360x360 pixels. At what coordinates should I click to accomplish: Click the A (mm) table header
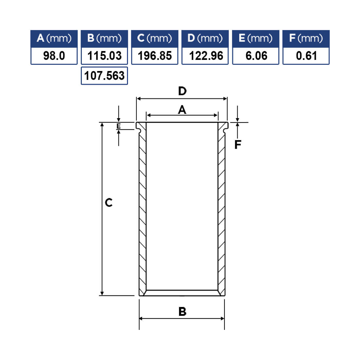54,39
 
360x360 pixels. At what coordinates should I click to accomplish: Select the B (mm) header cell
104,39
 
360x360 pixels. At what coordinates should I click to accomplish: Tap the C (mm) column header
154,39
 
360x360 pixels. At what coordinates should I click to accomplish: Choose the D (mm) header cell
205,39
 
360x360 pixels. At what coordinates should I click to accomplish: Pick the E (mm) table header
256,39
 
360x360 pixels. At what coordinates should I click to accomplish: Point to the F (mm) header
306,39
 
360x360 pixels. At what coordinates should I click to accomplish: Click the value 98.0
54,56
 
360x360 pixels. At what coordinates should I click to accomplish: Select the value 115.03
104,56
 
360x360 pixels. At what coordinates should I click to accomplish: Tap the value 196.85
154,56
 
